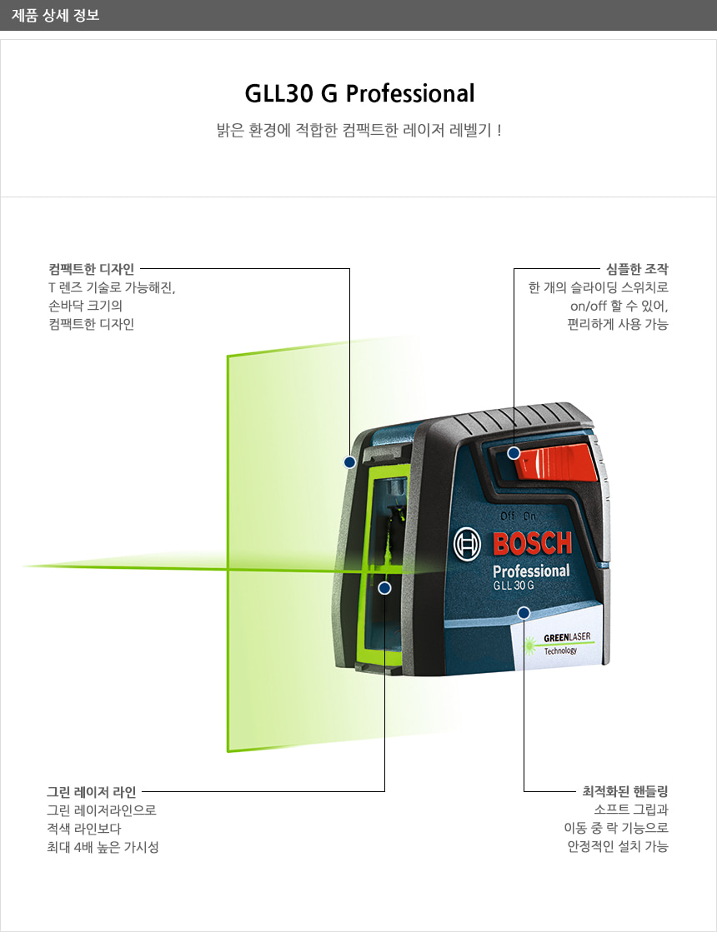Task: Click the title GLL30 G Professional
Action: [359, 92]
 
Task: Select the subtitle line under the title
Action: [358, 131]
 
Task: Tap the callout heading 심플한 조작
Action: [638, 269]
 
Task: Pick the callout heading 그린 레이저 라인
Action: [91, 791]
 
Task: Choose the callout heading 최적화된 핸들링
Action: [625, 791]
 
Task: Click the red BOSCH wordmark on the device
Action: [533, 544]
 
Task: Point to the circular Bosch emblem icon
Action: [468, 545]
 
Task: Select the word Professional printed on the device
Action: [531, 571]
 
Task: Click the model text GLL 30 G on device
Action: [513, 586]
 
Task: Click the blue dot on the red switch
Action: [514, 453]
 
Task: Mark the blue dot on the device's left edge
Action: [349, 461]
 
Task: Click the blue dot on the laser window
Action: [384, 588]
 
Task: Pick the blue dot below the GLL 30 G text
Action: [524, 613]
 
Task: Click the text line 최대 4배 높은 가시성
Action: [103, 847]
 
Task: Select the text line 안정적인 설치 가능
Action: [617, 847]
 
